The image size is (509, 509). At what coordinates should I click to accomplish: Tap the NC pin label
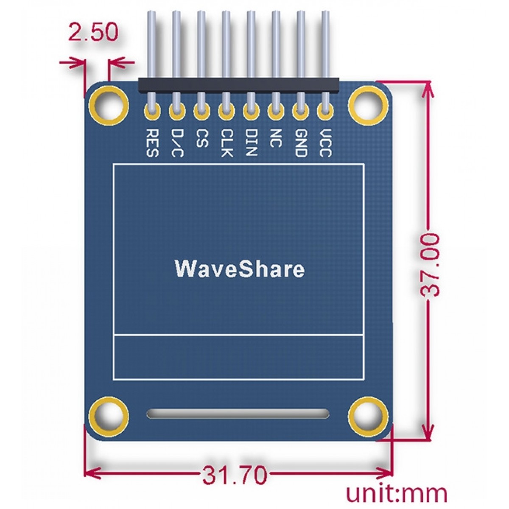click(x=275, y=138)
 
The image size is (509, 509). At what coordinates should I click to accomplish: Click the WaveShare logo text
click(x=240, y=269)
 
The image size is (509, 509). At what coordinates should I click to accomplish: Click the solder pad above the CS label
click(x=201, y=112)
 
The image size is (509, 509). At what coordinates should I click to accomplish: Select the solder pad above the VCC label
click(x=325, y=112)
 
